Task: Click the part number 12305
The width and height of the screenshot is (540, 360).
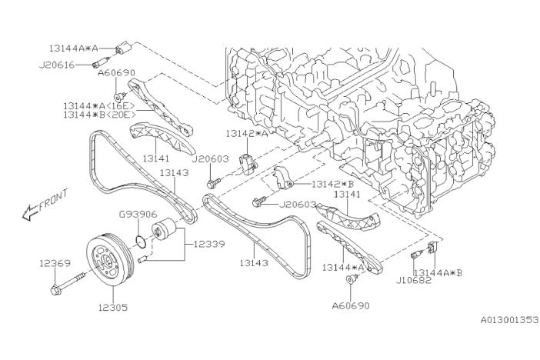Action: [x=112, y=307]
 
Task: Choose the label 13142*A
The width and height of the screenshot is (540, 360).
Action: [x=247, y=133]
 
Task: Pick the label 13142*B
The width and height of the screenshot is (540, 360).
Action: [x=332, y=185]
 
